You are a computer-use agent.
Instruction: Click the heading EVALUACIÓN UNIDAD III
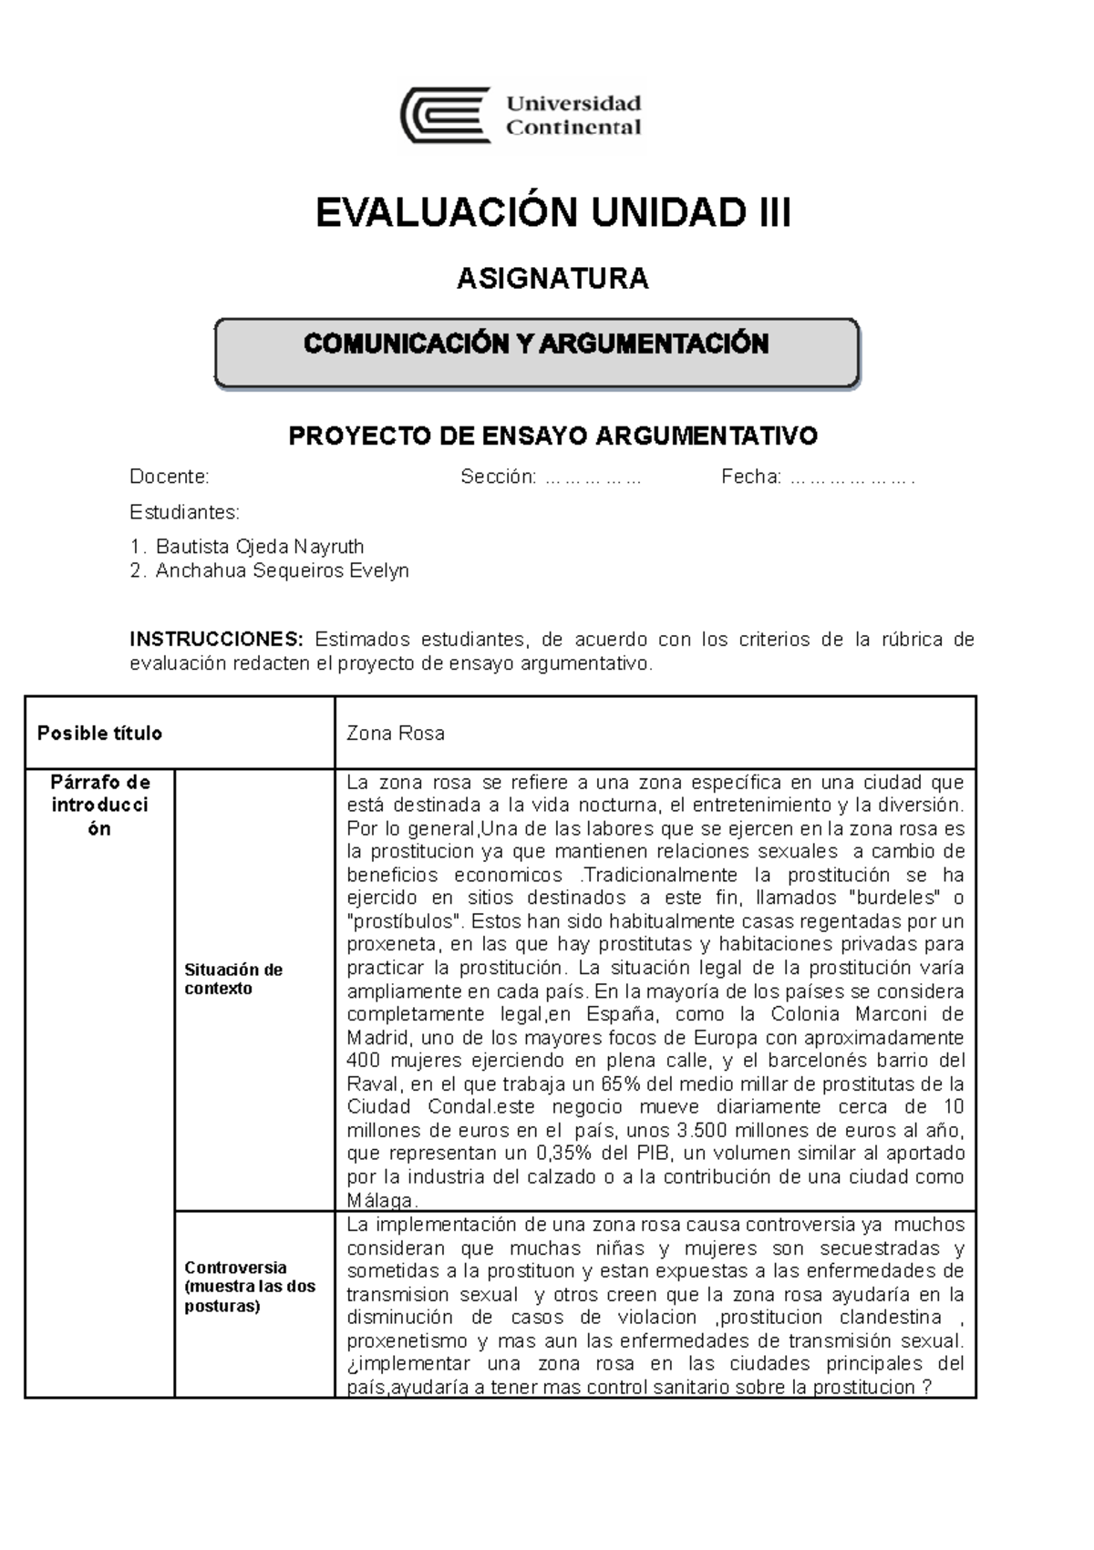(x=552, y=213)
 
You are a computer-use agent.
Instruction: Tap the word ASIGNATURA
(x=552, y=278)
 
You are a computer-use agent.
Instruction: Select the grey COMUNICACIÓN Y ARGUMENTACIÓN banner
(x=536, y=353)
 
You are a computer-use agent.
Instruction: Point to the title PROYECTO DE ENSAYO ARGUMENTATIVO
(x=552, y=436)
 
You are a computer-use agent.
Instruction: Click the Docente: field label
(x=170, y=477)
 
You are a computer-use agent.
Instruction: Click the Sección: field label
(x=498, y=477)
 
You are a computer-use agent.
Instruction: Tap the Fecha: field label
(x=751, y=477)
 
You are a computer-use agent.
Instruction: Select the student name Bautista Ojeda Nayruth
(x=260, y=547)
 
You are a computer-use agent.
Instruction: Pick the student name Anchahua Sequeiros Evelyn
(x=282, y=570)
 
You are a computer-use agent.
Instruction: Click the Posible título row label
(x=100, y=734)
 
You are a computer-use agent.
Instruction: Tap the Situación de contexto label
(x=233, y=980)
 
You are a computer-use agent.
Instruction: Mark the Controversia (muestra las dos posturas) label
(x=249, y=1287)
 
